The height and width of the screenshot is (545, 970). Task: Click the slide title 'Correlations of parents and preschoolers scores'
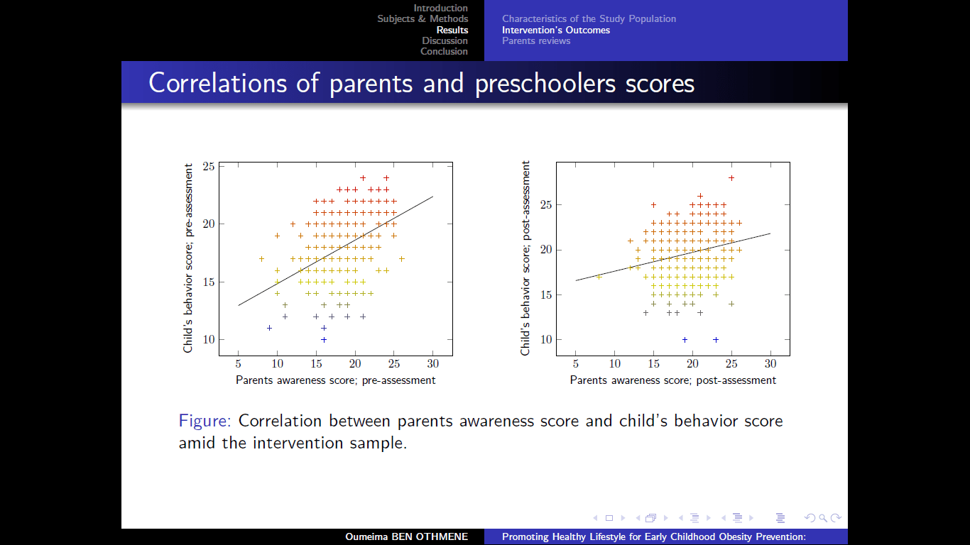[x=421, y=83]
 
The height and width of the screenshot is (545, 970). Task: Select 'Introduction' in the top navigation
[x=440, y=8]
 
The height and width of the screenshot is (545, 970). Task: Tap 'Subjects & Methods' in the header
[x=423, y=18]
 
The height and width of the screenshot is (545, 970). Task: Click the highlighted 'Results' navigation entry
[x=452, y=30]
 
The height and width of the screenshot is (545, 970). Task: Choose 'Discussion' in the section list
[x=445, y=40]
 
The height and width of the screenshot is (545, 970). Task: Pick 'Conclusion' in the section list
[x=444, y=51]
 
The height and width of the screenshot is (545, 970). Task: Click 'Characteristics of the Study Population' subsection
[x=589, y=18]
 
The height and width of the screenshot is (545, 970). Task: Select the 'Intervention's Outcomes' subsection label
[x=556, y=30]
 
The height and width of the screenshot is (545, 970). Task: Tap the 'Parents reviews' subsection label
[x=536, y=40]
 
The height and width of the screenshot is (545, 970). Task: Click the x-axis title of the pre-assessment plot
[x=335, y=380]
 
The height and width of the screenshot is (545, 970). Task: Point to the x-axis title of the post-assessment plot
[x=672, y=380]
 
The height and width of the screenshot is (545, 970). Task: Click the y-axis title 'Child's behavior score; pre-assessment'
[x=188, y=258]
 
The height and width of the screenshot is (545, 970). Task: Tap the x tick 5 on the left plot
[x=239, y=363]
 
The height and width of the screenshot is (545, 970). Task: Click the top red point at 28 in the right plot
[x=731, y=178]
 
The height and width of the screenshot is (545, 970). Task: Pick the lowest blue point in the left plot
[x=324, y=339]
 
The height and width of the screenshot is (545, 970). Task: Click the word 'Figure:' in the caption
[x=205, y=421]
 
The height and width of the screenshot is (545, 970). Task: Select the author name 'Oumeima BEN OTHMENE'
[x=407, y=536]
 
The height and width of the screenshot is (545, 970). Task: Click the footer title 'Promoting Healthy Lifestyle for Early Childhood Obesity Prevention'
[x=653, y=536]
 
